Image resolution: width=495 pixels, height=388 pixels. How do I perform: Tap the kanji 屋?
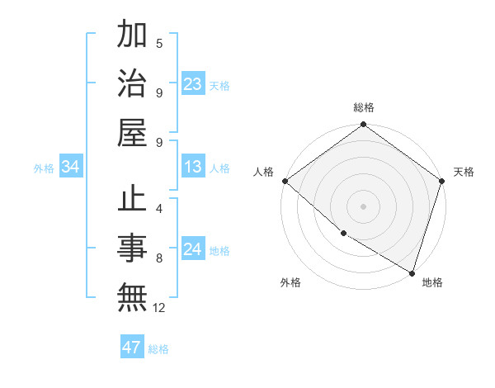pos(132,131)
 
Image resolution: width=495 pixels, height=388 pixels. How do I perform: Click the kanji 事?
pos(132,248)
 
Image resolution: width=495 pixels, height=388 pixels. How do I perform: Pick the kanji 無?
pos(132,296)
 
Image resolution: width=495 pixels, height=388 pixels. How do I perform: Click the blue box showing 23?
pos(193,84)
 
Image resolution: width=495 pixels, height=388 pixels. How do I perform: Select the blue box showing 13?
pos(193,168)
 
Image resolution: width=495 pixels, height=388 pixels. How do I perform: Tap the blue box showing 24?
pos(193,249)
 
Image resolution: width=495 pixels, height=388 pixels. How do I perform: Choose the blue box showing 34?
pos(70,168)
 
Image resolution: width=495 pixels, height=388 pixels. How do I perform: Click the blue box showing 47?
pos(132,348)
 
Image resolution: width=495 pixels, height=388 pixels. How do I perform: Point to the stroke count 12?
pos(160,308)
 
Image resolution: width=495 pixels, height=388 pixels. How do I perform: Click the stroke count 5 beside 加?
pos(159,44)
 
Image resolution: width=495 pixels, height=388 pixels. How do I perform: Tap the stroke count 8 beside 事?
pos(159,258)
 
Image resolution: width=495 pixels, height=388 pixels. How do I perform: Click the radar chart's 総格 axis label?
pos(364,107)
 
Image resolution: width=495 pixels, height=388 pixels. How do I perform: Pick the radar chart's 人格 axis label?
pos(264,172)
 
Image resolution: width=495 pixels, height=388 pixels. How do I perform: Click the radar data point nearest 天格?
pos(442,181)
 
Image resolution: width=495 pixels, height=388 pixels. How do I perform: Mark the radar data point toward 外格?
pos(343,234)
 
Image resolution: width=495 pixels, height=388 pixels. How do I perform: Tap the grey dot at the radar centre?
pos(364,206)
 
